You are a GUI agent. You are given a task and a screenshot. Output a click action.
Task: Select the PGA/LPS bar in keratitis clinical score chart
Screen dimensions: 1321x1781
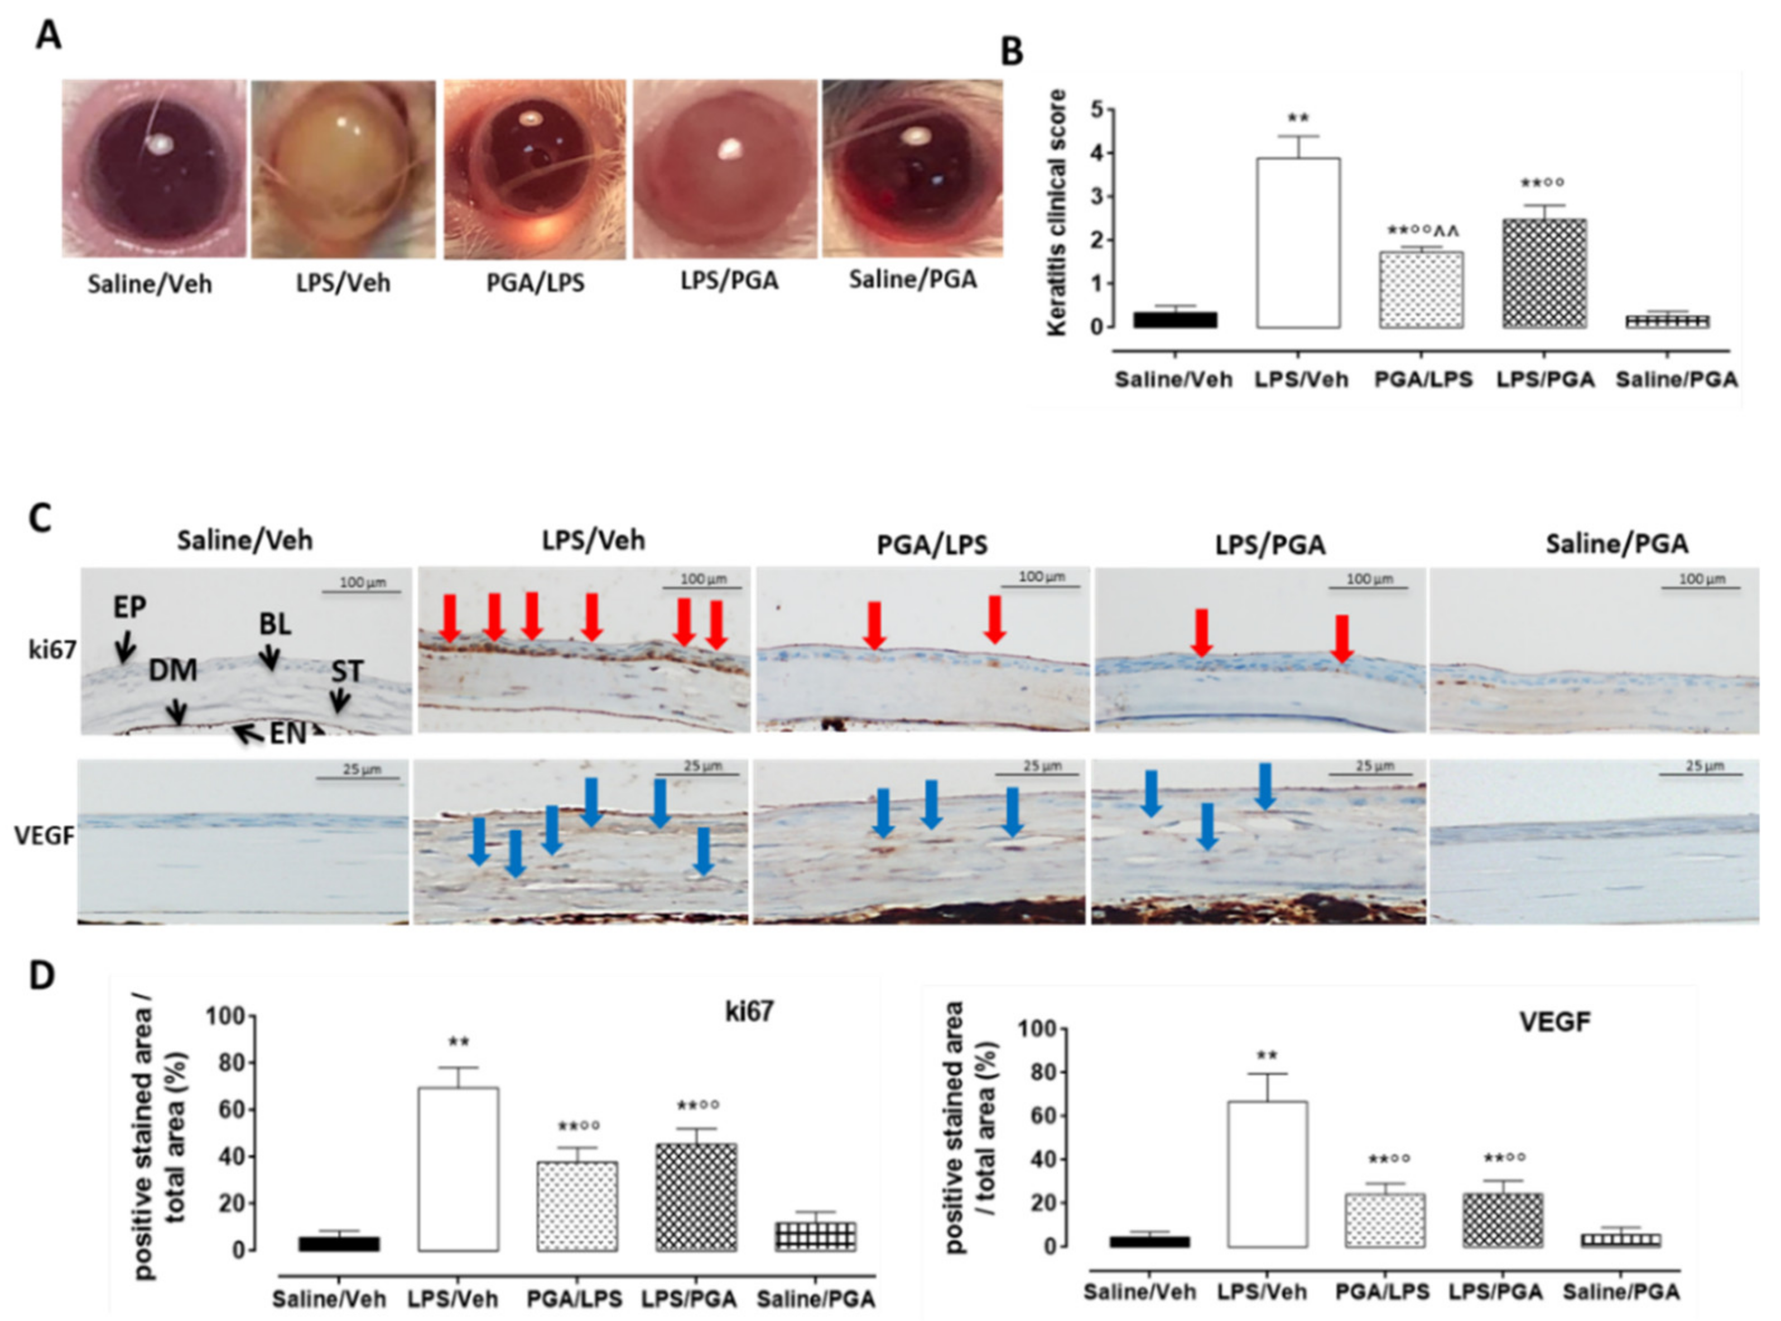click(x=1421, y=290)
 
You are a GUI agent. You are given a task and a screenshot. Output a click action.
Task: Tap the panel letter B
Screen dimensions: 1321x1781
click(x=1013, y=53)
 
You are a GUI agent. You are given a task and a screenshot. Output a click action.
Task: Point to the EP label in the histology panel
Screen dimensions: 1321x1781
click(x=129, y=608)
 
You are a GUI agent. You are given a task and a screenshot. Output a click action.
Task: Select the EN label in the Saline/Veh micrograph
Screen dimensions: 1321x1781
click(x=286, y=732)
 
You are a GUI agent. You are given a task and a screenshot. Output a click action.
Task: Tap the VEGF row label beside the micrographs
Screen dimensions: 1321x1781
click(x=45, y=836)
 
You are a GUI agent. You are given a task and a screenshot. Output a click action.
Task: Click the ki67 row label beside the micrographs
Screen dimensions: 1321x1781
click(x=52, y=650)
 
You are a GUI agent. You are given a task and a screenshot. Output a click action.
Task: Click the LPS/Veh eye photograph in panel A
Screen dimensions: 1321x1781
click(x=344, y=170)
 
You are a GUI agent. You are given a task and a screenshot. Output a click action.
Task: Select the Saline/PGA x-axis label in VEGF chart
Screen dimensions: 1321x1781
click(x=1621, y=1292)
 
